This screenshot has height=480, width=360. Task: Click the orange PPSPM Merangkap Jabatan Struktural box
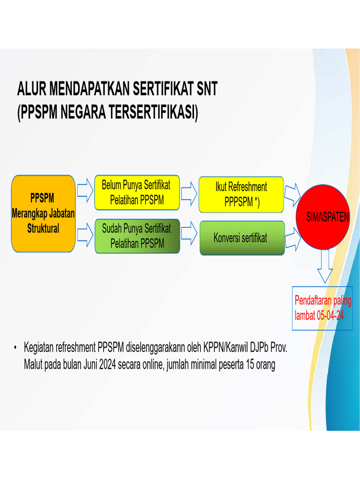[43, 213]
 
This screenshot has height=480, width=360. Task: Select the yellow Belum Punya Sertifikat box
[137, 193]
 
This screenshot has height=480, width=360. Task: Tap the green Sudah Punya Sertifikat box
[137, 236]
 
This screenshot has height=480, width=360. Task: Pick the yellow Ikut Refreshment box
[241, 194]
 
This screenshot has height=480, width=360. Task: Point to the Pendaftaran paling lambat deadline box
[322, 308]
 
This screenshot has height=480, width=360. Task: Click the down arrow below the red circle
[325, 266]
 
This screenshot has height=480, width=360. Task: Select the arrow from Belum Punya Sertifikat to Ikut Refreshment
[189, 193]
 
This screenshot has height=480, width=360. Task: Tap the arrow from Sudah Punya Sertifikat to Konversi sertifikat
[189, 236]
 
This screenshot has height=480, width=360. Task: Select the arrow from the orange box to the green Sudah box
[85, 235]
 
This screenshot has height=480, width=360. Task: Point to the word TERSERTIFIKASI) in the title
[154, 113]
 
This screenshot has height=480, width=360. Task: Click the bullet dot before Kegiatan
[15, 348]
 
